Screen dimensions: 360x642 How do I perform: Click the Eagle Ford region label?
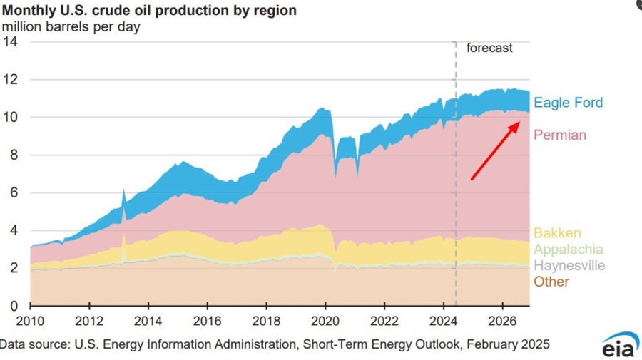(x=568, y=103)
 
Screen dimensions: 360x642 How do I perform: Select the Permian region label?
(x=560, y=135)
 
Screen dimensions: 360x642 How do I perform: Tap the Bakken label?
(x=556, y=233)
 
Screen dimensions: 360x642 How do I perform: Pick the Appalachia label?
(x=568, y=250)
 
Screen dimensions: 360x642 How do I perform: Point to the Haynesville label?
(x=569, y=266)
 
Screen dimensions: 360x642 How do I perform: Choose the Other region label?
(x=551, y=282)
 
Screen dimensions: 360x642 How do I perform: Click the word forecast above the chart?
(x=489, y=48)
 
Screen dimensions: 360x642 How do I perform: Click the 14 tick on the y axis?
(x=9, y=41)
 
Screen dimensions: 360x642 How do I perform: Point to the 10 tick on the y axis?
(x=9, y=117)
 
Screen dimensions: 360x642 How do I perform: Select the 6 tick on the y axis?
(x=13, y=192)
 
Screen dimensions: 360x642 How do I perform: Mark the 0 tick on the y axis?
(x=13, y=306)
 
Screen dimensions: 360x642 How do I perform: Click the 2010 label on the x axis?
(x=30, y=321)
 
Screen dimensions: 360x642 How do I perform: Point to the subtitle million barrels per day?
(x=71, y=27)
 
